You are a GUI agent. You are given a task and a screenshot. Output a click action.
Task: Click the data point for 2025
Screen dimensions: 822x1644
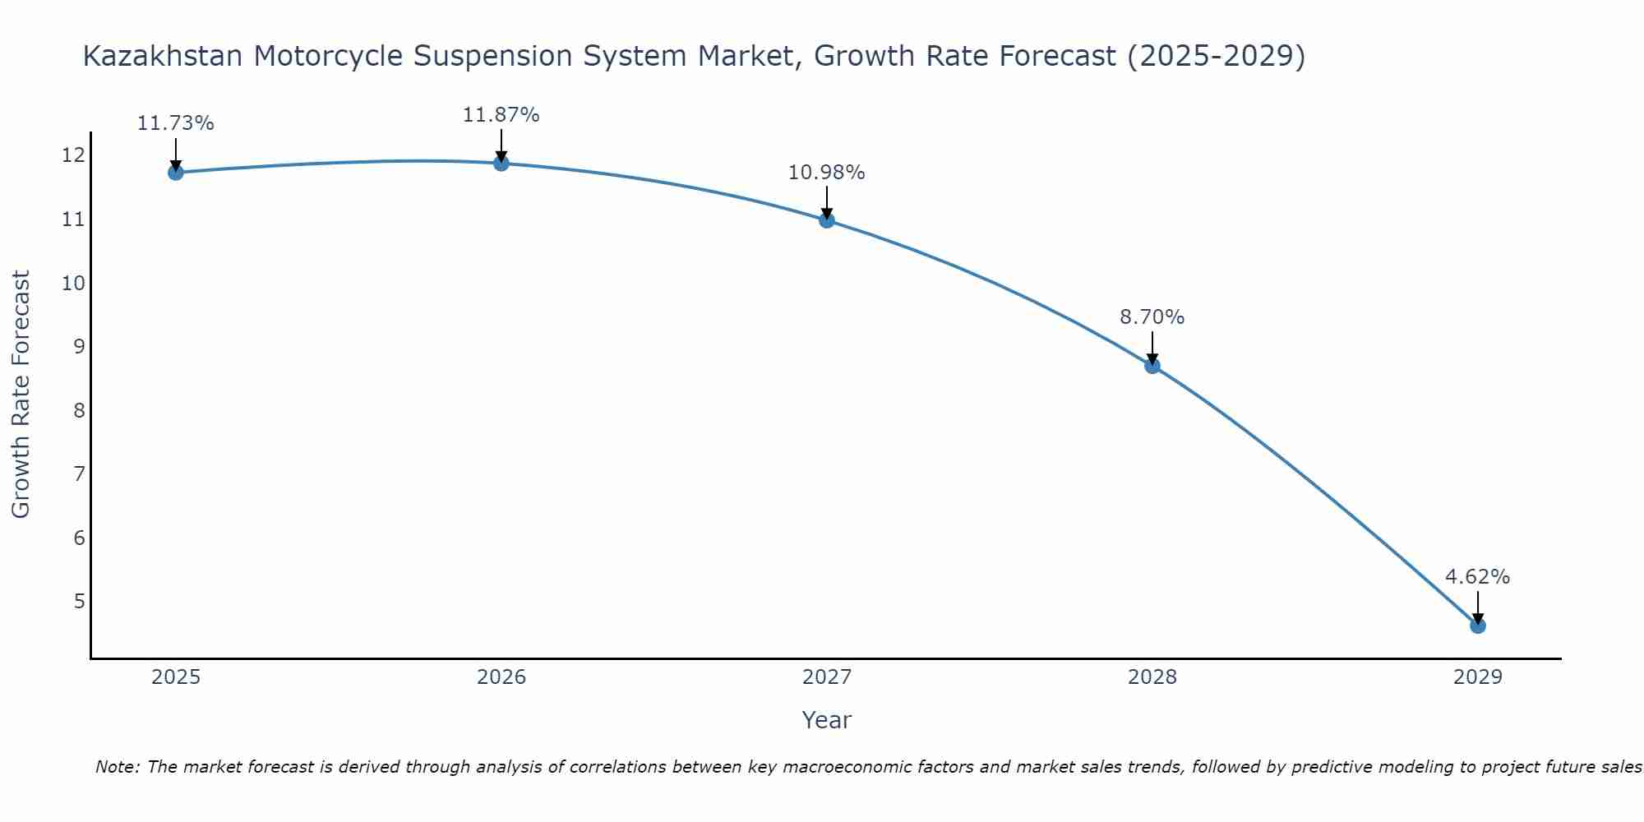pos(175,173)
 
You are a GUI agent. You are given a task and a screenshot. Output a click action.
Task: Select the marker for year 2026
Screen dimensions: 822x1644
pos(501,163)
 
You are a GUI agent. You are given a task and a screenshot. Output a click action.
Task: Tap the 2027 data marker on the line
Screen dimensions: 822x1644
pos(827,220)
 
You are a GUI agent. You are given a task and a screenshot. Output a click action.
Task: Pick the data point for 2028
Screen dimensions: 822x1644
pos(1152,366)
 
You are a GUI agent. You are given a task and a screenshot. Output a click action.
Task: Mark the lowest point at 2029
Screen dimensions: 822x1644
pos(1478,626)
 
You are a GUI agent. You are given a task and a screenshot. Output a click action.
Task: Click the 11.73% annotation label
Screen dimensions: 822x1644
pos(175,123)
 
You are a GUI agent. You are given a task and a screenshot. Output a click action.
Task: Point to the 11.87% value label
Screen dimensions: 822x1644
pos(501,115)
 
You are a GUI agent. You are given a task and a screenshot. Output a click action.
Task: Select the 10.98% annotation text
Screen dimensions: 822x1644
pos(826,173)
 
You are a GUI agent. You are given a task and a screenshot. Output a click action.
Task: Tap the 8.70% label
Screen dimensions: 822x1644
pos(1152,317)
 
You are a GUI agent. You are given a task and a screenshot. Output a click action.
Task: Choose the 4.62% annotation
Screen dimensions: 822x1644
pos(1477,577)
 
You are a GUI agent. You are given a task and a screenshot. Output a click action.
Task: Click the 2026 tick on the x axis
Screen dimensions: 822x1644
pos(501,677)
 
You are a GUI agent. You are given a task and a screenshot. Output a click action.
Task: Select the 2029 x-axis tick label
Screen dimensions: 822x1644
pos(1477,677)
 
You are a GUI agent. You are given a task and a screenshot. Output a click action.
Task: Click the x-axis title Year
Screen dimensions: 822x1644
pos(826,720)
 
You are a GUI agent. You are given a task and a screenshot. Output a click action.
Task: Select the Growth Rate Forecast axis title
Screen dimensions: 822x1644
pos(21,395)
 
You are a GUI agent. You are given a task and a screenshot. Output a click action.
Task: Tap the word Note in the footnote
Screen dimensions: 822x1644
pos(118,768)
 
